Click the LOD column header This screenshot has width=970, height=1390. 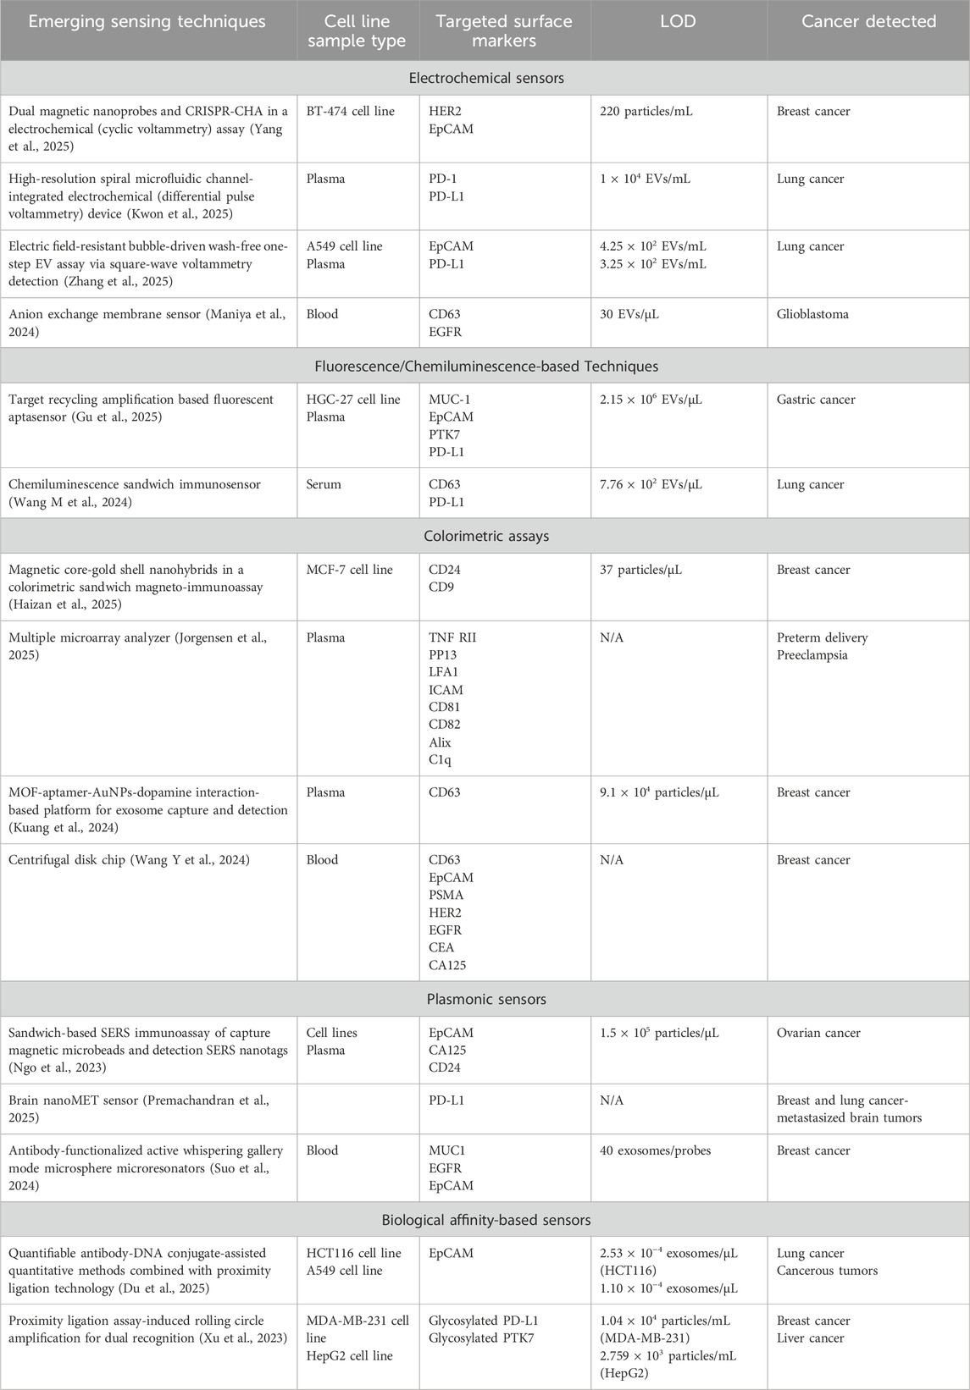[679, 21]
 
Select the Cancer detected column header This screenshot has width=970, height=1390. [868, 21]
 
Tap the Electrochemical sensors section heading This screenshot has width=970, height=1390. [485, 78]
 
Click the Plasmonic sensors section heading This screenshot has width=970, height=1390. [485, 999]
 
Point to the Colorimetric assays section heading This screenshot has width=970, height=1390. [485, 536]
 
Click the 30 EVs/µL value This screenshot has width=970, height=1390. [629, 314]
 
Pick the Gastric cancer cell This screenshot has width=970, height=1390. [815, 400]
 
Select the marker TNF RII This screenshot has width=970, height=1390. [452, 637]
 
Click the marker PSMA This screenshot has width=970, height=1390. [446, 895]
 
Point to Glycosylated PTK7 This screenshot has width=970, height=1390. [484, 1338]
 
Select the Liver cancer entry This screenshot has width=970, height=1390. [808, 1338]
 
